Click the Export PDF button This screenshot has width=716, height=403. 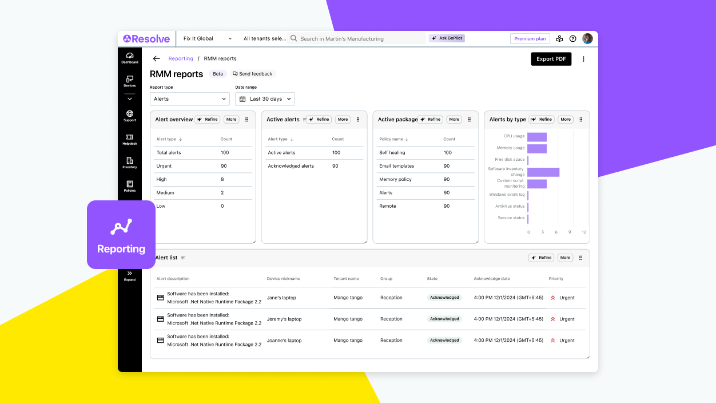(551, 59)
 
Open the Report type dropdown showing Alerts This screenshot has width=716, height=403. (189, 99)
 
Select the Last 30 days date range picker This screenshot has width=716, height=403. (265, 99)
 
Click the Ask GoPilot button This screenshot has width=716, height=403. (447, 38)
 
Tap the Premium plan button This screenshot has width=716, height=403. (530, 39)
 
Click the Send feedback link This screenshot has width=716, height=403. (252, 74)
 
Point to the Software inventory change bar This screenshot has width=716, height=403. (543, 172)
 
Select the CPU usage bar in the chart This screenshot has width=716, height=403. (536, 137)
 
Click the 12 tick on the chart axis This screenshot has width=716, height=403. (583, 232)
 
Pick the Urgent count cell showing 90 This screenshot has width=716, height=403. (224, 166)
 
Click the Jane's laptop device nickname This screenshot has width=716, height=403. (281, 298)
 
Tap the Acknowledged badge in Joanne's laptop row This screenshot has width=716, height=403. (444, 340)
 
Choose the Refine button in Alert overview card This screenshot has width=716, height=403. (208, 120)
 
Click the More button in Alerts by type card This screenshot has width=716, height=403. (565, 120)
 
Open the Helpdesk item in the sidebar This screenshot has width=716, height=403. (130, 139)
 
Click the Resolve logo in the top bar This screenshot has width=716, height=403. (146, 39)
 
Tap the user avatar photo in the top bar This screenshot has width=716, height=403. (587, 39)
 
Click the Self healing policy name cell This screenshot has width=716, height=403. (392, 153)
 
